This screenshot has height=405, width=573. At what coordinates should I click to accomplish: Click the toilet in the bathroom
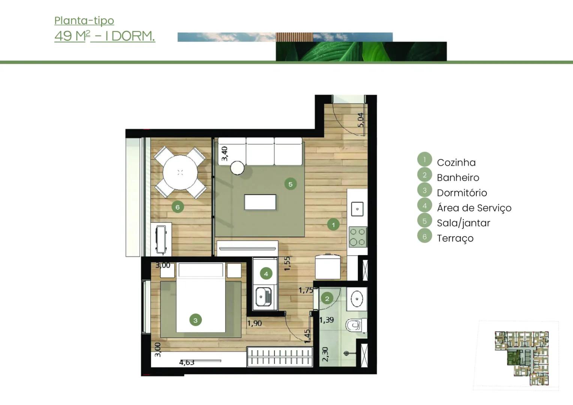356,325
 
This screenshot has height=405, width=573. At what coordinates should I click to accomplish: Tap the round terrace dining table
180,173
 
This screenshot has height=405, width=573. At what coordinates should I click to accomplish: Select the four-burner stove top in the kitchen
357,237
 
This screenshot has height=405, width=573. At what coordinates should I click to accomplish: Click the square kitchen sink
357,209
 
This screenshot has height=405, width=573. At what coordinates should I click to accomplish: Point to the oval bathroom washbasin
357,299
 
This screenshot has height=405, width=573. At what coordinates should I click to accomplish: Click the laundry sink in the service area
264,297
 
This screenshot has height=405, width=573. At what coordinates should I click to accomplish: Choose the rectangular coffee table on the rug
260,202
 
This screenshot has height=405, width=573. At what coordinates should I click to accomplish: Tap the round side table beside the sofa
237,168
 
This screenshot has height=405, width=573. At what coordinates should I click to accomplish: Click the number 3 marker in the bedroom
195,320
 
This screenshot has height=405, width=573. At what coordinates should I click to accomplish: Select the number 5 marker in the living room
290,184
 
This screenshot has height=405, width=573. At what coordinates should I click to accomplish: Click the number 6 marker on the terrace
177,207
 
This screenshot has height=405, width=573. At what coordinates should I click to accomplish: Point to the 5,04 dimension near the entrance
360,120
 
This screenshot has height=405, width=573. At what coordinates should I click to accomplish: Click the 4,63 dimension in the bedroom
187,363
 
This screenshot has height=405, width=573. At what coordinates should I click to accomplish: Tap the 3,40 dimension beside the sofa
224,153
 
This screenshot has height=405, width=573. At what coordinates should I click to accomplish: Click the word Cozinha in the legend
456,162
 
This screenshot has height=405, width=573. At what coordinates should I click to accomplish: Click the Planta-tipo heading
84,21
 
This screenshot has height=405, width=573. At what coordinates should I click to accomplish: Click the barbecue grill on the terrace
161,240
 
